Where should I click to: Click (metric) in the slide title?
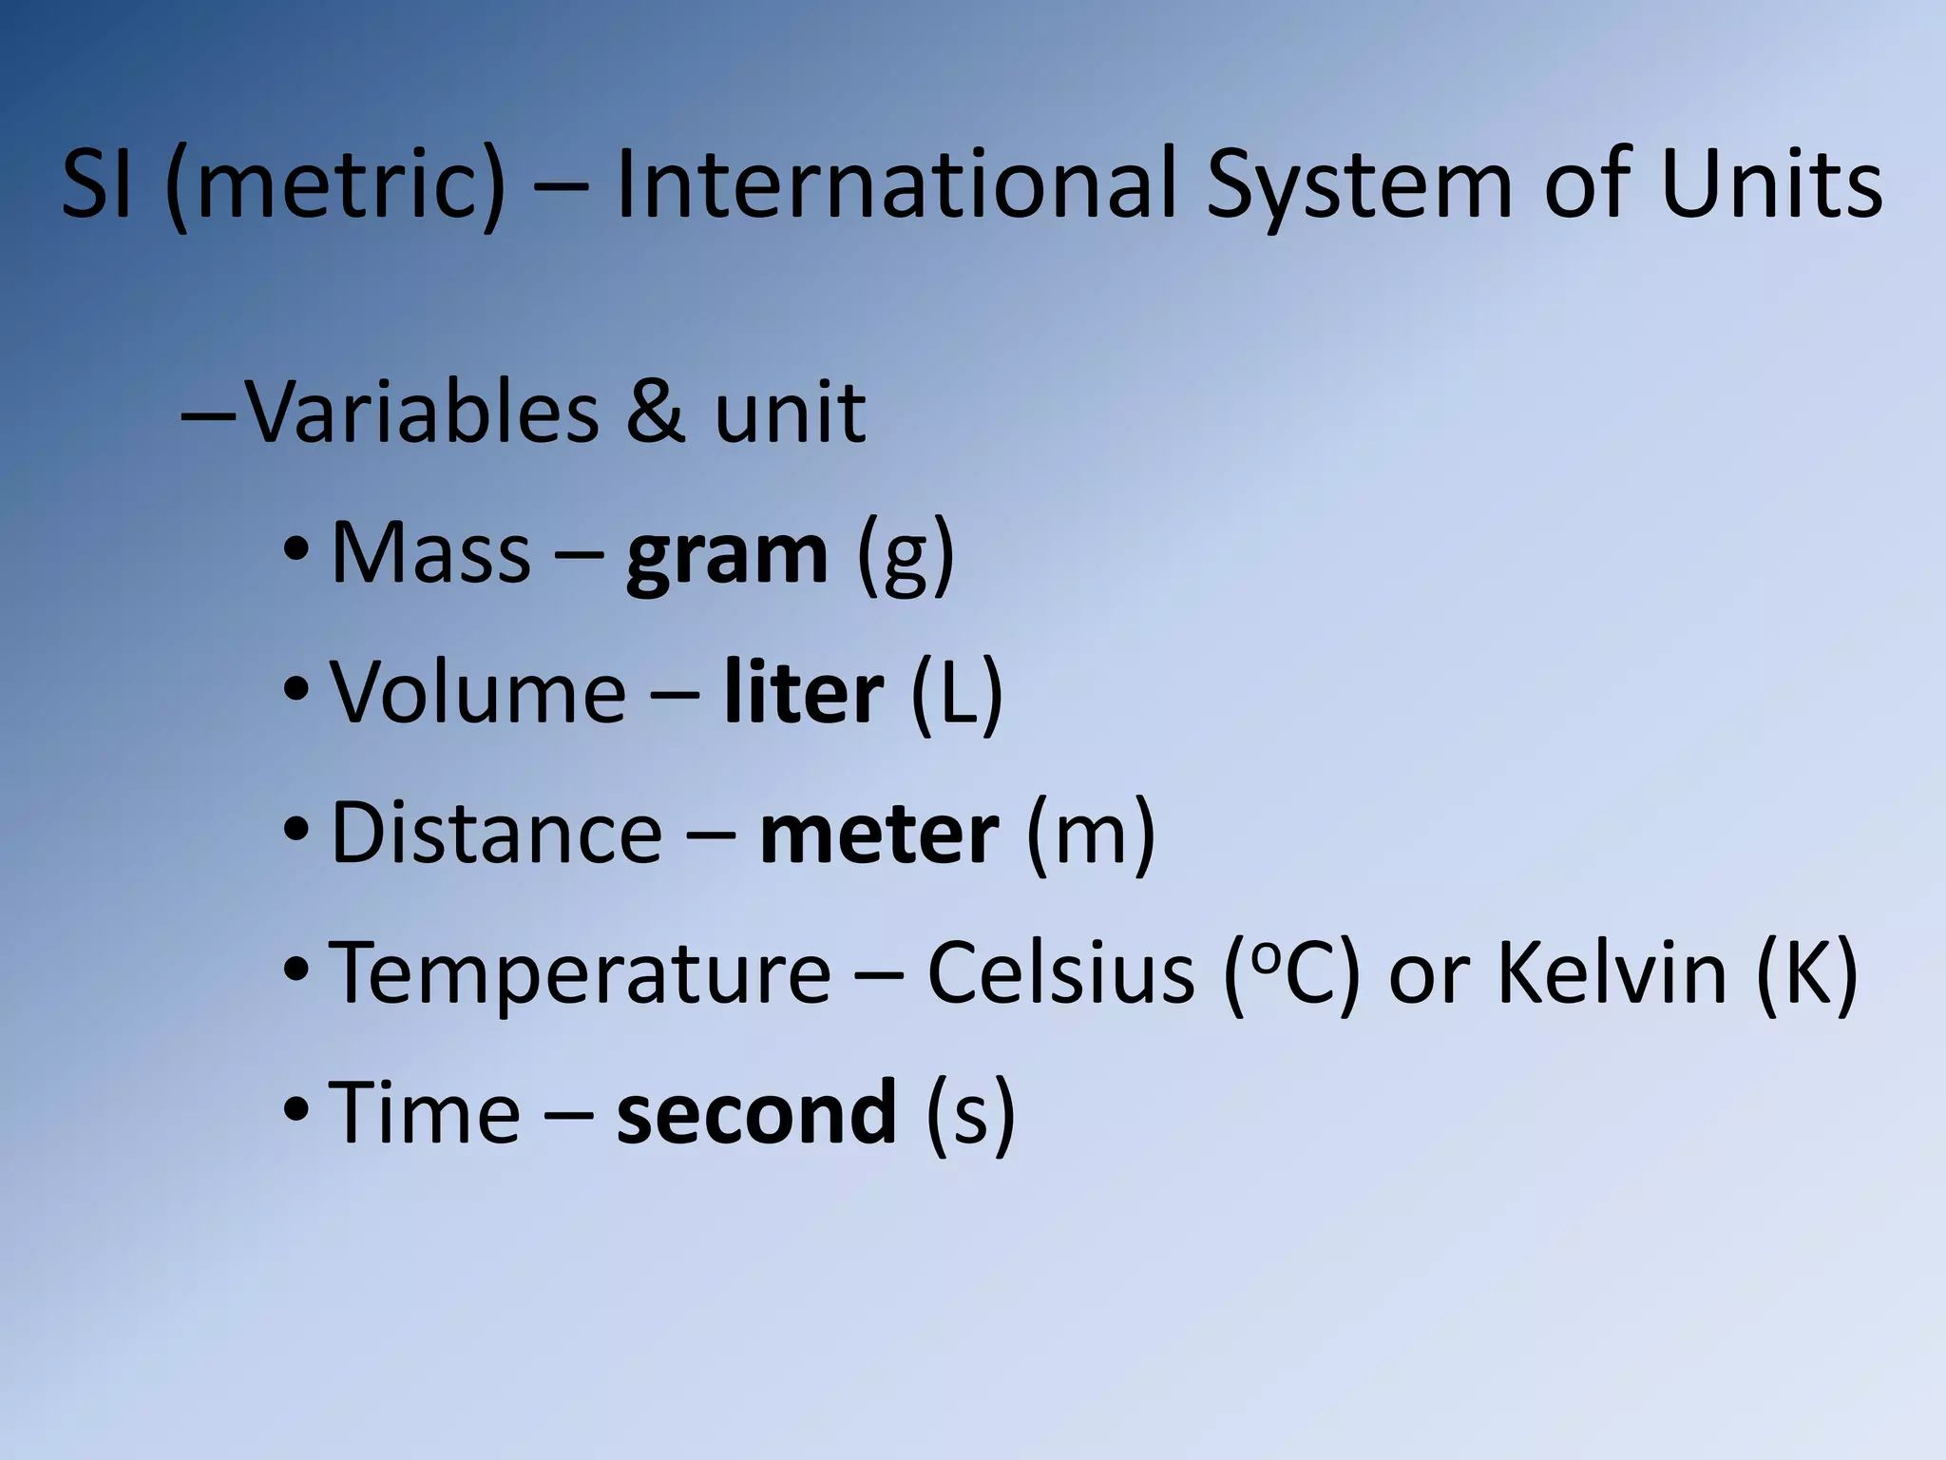[335, 185]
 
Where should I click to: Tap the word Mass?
[429, 552]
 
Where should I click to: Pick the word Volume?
[477, 692]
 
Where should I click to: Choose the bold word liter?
[804, 692]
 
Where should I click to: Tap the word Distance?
[496, 833]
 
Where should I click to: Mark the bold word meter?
[879, 833]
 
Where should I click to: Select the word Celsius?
[1060, 972]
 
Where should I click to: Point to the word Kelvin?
[1612, 972]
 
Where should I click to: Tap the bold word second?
[756, 1112]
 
